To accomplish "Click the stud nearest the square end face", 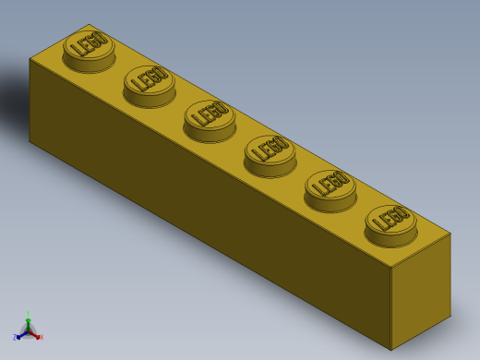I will [x=390, y=222].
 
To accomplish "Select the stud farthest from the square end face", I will [x=89, y=46].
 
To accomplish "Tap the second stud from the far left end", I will [x=150, y=82].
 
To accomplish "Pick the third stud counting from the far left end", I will [x=210, y=117].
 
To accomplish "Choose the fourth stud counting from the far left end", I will [x=270, y=151].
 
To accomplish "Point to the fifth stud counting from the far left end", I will [x=330, y=186].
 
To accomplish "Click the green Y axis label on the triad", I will [x=28, y=314].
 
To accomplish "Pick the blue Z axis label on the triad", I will [x=15, y=338].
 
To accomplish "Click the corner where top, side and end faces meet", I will [x=390, y=268].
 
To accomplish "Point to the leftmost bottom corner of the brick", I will [x=30, y=141].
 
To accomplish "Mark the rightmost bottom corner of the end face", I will [x=450, y=317].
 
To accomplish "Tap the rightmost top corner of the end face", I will [x=450, y=233].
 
